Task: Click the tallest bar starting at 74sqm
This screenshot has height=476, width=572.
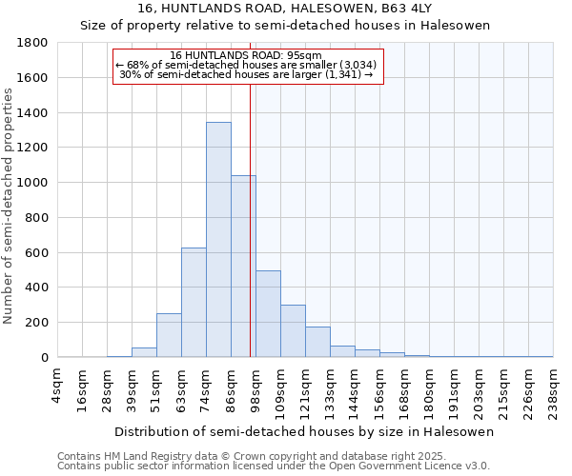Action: pos(218,240)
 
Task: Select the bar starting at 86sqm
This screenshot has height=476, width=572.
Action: pos(243,267)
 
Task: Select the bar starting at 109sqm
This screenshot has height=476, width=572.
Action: pos(293,331)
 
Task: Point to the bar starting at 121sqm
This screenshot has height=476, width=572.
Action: pos(317,342)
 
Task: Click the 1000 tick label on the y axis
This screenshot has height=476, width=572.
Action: pos(35,183)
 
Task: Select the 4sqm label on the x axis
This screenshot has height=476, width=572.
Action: pos(58,385)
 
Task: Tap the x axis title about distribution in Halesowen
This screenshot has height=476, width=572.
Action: pos(305,431)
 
